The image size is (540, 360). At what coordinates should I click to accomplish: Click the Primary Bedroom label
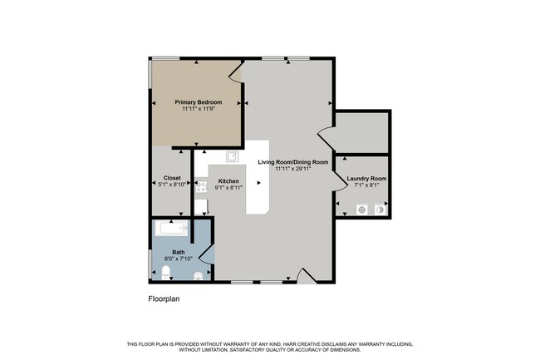click(x=199, y=102)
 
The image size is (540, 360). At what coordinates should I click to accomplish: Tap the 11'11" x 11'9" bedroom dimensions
click(x=199, y=109)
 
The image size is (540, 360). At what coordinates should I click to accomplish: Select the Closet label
click(x=172, y=178)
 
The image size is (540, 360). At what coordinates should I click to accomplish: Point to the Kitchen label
click(x=228, y=181)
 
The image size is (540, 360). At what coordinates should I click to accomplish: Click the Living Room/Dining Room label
click(x=293, y=162)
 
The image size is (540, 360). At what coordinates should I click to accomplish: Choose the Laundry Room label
click(x=366, y=179)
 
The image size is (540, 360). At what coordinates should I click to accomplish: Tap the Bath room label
click(x=179, y=252)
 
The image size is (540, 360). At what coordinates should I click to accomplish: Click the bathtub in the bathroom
click(x=171, y=228)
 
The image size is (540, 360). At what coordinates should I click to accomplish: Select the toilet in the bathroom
click(x=166, y=273)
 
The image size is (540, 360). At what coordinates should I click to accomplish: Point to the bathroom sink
click(x=198, y=275)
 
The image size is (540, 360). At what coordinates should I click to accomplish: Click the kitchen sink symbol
click(x=233, y=156)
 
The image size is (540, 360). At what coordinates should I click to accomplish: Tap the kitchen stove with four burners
click(x=201, y=187)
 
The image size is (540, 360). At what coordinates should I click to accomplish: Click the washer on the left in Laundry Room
click(x=361, y=210)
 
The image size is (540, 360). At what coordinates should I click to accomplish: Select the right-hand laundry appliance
click(x=380, y=210)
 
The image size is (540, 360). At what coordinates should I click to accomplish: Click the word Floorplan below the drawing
click(x=164, y=299)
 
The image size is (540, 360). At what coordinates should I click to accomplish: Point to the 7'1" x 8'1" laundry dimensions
click(x=366, y=185)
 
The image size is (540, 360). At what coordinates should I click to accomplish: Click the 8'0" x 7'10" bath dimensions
click(x=179, y=259)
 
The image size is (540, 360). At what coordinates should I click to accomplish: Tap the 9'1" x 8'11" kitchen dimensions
click(x=228, y=188)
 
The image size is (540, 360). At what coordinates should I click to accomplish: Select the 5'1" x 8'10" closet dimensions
click(x=172, y=185)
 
